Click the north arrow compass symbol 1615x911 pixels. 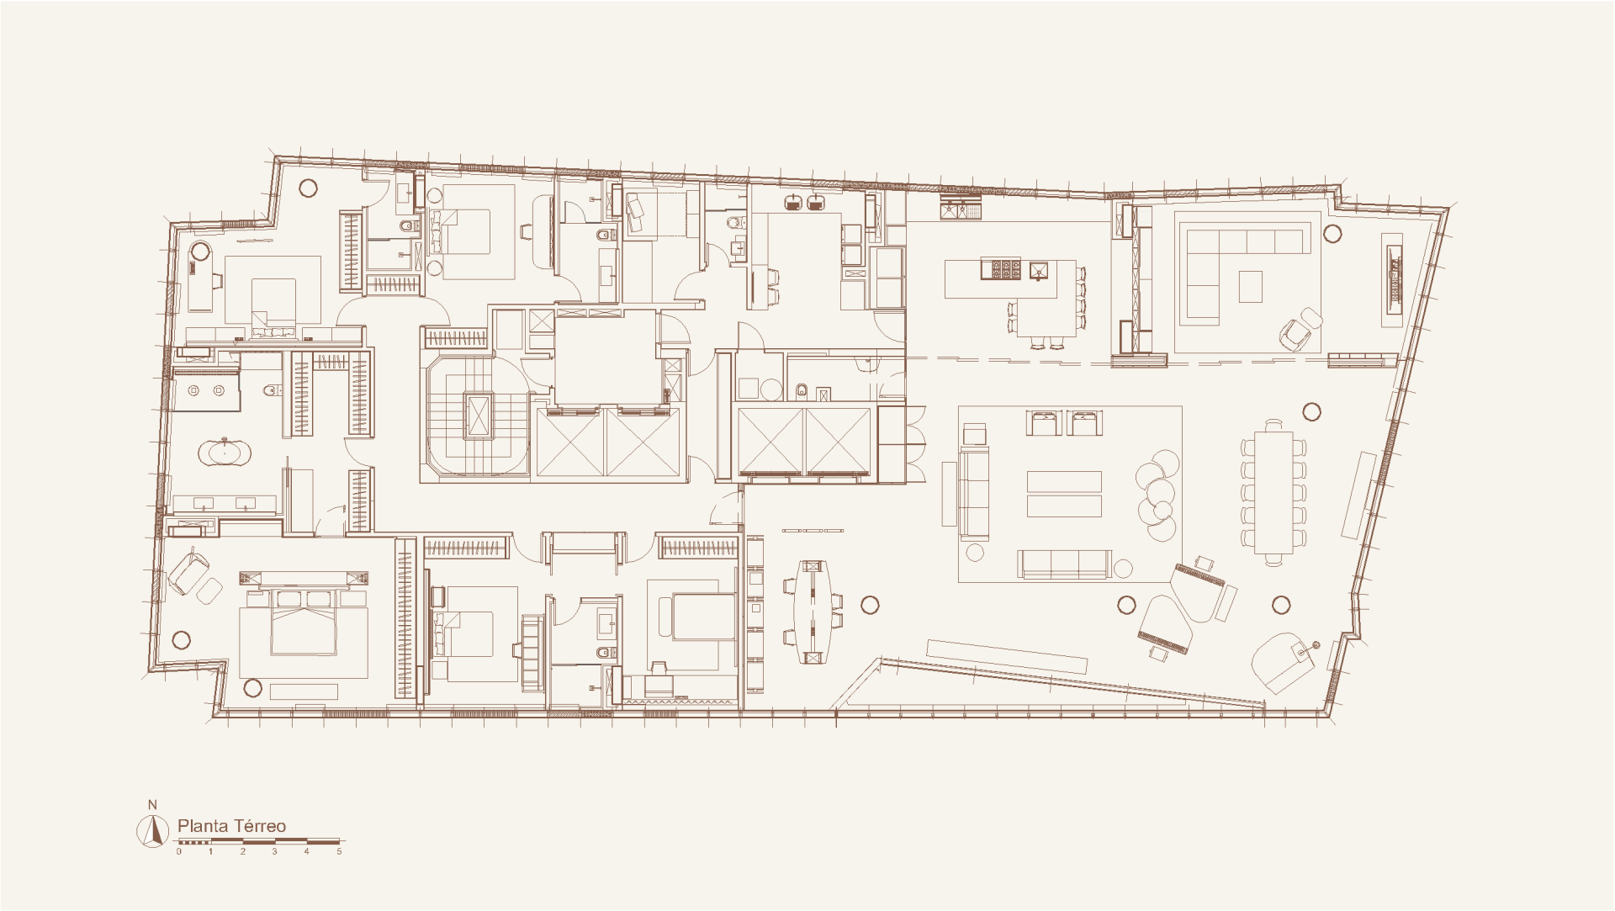click(153, 830)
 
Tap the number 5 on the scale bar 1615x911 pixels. click(339, 851)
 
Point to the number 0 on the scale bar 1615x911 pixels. click(178, 851)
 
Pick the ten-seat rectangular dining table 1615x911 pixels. click(1273, 492)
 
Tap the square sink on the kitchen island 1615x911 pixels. click(1040, 270)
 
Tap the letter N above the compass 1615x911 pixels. click(152, 806)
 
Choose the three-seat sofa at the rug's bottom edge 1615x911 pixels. click(1065, 564)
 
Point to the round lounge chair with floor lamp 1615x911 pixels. click(1282, 661)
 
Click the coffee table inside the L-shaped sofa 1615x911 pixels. click(1251, 286)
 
